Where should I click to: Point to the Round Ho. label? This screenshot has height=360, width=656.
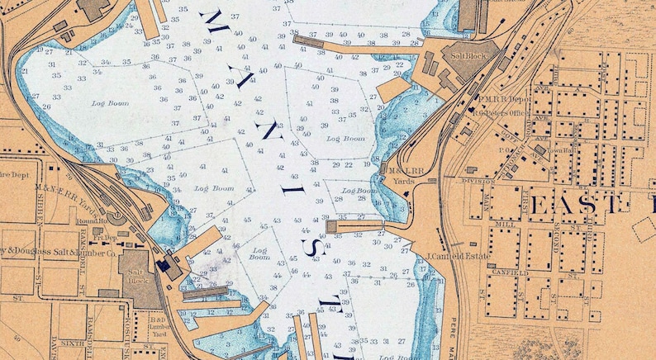pyautogui.click(x=89, y=220)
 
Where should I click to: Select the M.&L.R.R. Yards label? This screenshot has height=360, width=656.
pyautogui.click(x=403, y=174)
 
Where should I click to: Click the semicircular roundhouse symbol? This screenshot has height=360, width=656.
pyautogui.click(x=115, y=216)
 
